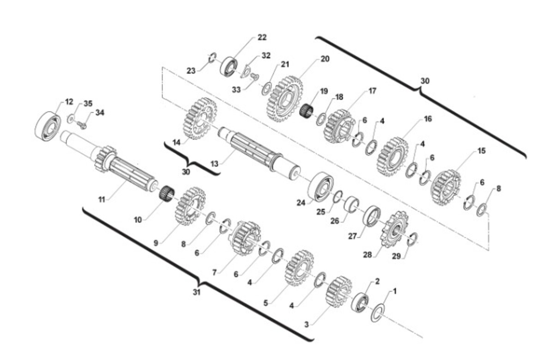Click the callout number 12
click(x=69, y=102)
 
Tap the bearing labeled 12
click(x=48, y=126)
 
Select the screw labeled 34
click(x=81, y=125)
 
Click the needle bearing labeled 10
click(x=167, y=193)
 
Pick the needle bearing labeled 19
click(x=306, y=110)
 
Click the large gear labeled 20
click(x=285, y=99)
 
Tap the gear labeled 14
click(x=200, y=118)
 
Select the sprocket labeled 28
click(x=394, y=229)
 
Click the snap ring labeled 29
click(x=412, y=239)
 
